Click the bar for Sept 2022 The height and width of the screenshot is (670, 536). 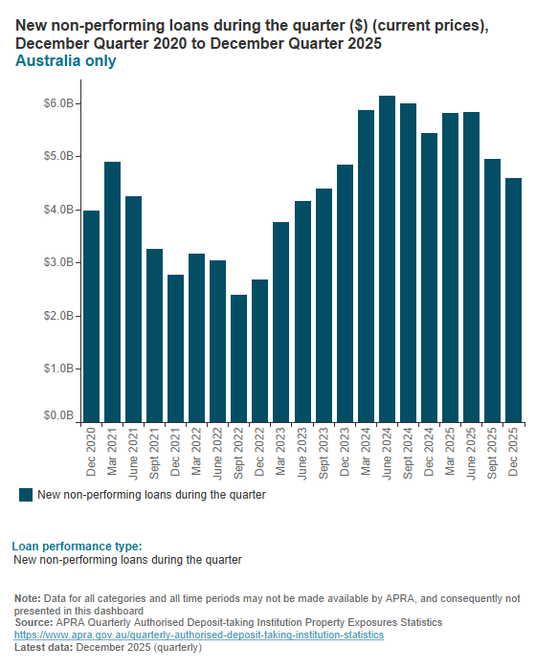[x=239, y=359]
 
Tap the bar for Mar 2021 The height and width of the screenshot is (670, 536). [x=112, y=292]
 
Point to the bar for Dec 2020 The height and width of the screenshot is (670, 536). [x=91, y=317]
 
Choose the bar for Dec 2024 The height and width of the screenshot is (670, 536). [x=430, y=278]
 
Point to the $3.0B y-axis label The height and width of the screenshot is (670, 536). [x=59, y=262]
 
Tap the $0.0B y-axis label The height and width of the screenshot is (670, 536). [x=59, y=416]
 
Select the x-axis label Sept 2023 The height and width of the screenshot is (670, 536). [x=324, y=453]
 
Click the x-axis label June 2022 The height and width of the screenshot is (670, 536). [x=218, y=453]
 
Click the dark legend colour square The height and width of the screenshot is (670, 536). [x=26, y=495]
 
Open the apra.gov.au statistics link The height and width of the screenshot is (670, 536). [x=198, y=635]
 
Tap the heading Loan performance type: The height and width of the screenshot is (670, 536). [x=77, y=546]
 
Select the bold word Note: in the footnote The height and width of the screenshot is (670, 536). [x=28, y=598]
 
